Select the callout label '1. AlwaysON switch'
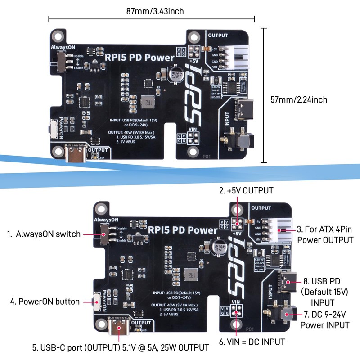point(44,234)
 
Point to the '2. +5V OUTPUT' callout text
point(246,191)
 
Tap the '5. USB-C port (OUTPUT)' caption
point(120,347)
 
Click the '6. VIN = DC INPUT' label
point(252,342)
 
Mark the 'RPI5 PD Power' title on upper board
point(139,57)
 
